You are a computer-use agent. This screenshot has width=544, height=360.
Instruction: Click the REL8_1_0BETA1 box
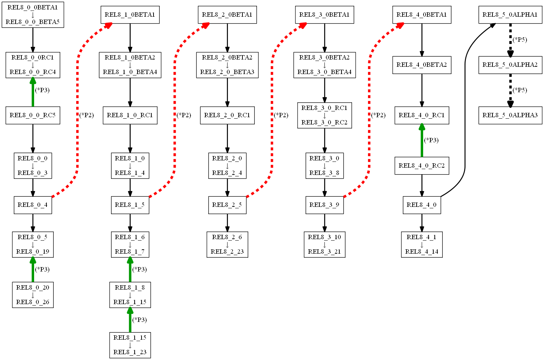point(130,15)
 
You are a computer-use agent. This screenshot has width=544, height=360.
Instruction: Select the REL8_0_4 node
point(33,205)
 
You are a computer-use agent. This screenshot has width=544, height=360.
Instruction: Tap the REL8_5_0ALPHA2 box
point(510,65)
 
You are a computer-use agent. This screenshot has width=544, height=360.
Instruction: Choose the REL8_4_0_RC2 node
point(421,166)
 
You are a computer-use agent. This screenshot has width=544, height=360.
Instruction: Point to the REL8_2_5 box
point(227,205)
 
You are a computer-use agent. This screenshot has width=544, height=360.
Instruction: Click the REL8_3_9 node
point(324,205)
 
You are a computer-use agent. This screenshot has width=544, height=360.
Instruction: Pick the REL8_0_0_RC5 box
point(33,115)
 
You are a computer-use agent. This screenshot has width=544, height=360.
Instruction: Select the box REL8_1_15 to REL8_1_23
point(130,345)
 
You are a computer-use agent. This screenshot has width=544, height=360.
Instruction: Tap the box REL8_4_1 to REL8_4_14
point(421,245)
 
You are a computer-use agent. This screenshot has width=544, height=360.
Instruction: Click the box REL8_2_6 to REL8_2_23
point(227,245)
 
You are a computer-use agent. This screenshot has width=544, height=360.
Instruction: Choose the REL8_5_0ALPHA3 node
point(510,115)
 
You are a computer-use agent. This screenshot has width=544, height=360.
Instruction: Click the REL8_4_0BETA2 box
point(421,65)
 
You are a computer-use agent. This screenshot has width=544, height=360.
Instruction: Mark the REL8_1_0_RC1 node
point(130,115)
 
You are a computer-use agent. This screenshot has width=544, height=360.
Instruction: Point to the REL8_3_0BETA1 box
point(324,15)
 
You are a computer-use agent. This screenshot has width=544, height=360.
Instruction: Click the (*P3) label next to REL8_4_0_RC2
point(431,140)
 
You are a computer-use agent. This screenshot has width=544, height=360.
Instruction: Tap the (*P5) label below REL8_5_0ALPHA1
point(520,40)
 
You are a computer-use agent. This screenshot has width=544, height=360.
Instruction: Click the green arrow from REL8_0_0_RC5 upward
point(33,93)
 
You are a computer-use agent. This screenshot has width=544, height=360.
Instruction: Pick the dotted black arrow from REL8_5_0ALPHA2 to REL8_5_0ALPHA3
point(510,90)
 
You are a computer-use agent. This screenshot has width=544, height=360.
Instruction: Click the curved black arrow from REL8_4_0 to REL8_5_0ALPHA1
point(465,109)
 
